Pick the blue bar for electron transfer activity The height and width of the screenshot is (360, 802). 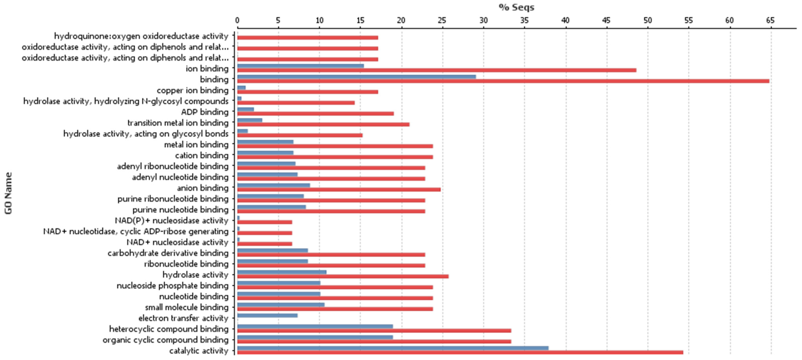pyautogui.click(x=267, y=316)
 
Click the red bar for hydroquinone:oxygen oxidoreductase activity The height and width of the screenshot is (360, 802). pyautogui.click(x=308, y=38)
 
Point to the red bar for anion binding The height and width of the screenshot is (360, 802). pyautogui.click(x=339, y=189)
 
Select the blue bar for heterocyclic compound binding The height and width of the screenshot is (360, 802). pyautogui.click(x=315, y=326)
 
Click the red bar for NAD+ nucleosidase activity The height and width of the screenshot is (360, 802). pyautogui.click(x=265, y=244)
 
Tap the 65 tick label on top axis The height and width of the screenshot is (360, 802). pyautogui.click(x=770, y=20)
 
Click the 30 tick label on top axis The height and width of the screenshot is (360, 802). pyautogui.click(x=483, y=20)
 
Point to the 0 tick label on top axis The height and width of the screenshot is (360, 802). pyautogui.click(x=237, y=20)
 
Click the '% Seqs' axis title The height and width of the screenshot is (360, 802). pyautogui.click(x=516, y=7)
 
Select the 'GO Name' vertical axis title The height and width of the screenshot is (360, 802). pyautogui.click(x=8, y=193)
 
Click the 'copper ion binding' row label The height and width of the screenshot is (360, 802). pyautogui.click(x=192, y=90)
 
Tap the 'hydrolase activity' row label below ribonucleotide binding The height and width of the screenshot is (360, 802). pyautogui.click(x=195, y=275)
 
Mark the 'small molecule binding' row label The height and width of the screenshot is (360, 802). pyautogui.click(x=187, y=307)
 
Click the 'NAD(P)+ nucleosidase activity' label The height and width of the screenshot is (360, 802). pyautogui.click(x=172, y=220)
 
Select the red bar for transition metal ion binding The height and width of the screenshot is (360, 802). pyautogui.click(x=323, y=124)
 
